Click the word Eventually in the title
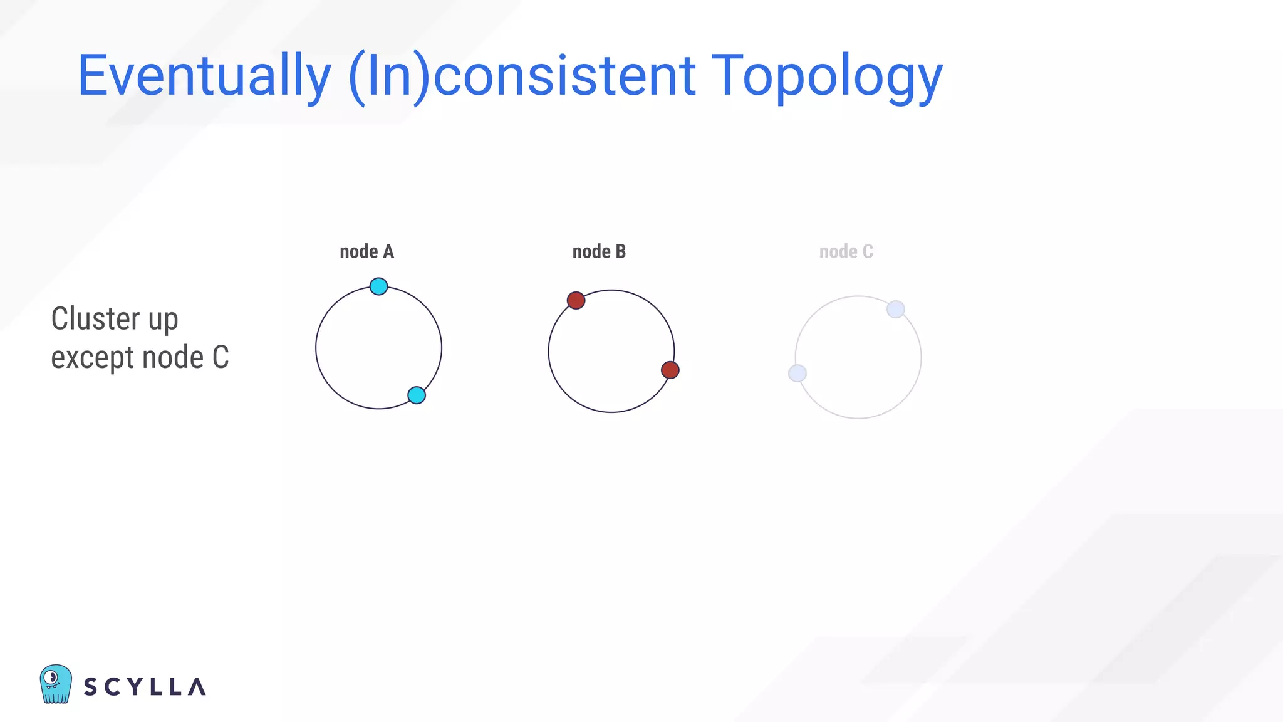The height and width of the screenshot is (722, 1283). [x=204, y=76]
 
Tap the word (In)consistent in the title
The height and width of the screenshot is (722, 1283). [x=521, y=76]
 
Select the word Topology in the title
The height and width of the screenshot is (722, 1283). [x=827, y=76]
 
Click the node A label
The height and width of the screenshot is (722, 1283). [x=366, y=252]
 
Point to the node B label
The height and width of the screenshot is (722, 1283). [x=599, y=252]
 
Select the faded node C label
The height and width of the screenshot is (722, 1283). [x=846, y=252]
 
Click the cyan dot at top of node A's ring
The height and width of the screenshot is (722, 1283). [x=378, y=286]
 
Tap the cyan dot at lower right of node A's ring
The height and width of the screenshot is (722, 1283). [x=417, y=395]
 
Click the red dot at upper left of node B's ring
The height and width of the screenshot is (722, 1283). [x=576, y=300]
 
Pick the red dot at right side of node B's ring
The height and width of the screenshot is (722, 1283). [x=670, y=370]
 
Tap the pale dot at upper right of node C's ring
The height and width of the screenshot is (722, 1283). [x=896, y=309]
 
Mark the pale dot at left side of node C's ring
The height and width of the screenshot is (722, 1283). [x=797, y=374]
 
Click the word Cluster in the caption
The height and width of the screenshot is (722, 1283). [x=95, y=319]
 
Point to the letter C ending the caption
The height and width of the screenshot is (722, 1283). [x=221, y=358]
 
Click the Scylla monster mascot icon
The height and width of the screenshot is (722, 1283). [x=56, y=684]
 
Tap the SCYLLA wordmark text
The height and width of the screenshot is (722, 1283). [x=145, y=687]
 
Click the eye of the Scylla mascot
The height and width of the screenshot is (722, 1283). [x=53, y=678]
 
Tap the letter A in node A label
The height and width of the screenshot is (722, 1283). [x=388, y=252]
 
